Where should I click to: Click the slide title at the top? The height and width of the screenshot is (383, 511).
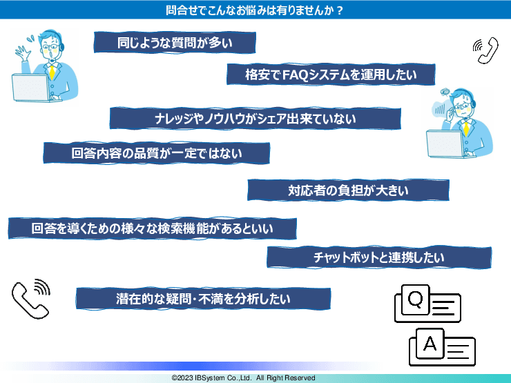[256, 10]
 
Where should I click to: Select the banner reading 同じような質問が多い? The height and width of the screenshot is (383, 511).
[175, 43]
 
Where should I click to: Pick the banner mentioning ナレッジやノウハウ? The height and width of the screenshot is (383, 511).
[255, 119]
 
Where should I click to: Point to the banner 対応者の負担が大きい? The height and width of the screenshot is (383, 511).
[349, 190]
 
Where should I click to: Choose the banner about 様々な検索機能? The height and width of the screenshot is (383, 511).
[152, 228]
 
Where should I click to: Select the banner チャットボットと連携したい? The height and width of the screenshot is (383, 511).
[378, 257]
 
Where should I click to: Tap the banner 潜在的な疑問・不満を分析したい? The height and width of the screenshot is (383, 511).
[203, 299]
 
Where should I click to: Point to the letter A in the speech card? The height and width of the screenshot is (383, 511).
[430, 343]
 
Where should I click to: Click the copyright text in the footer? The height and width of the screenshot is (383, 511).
[243, 378]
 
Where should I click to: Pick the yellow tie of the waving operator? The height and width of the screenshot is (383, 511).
[51, 72]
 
